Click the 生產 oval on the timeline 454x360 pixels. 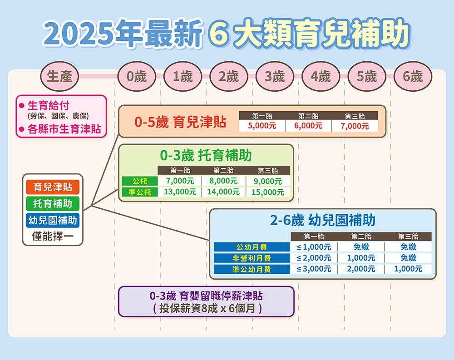coord(59,76)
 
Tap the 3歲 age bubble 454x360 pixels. coord(275,76)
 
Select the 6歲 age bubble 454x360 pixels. coord(413,76)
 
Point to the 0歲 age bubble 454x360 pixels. coord(137,76)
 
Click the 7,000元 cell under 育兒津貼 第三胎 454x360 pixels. coord(355,126)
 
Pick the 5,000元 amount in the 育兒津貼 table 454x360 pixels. coord(262,126)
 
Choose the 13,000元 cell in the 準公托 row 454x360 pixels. coord(180,192)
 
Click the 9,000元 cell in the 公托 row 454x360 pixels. coord(268,181)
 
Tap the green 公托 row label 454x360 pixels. coord(140,181)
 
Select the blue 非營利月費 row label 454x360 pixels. coord(252,258)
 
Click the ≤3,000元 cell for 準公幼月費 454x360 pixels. coord(314,269)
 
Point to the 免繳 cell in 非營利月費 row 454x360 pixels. coord(408,258)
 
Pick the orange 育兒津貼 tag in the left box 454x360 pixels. coord(53,187)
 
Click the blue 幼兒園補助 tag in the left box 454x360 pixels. coord(53,220)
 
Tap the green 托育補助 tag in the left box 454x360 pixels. coord(53,203)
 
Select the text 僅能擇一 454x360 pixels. coord(53,237)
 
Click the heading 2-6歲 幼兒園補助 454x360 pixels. coord(322,220)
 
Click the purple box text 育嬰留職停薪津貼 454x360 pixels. coord(221,296)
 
